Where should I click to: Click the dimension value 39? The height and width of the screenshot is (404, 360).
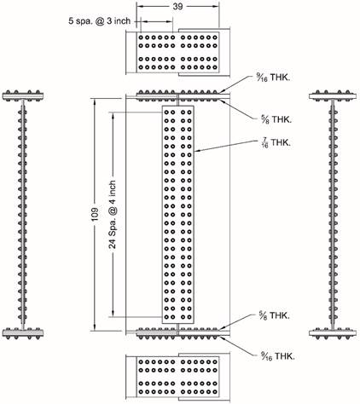point(177,6)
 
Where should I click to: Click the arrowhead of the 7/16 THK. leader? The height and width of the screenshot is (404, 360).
point(197,152)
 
